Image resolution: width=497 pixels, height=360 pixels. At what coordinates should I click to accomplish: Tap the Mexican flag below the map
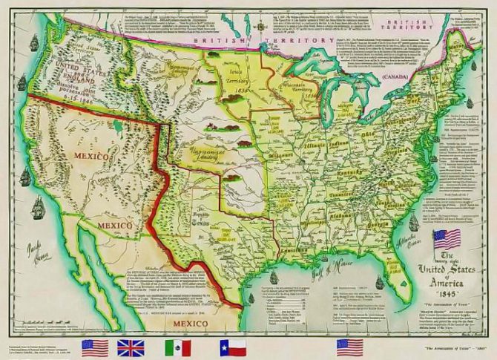tap(177, 347)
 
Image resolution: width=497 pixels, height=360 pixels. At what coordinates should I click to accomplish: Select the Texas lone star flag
tap(232, 347)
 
